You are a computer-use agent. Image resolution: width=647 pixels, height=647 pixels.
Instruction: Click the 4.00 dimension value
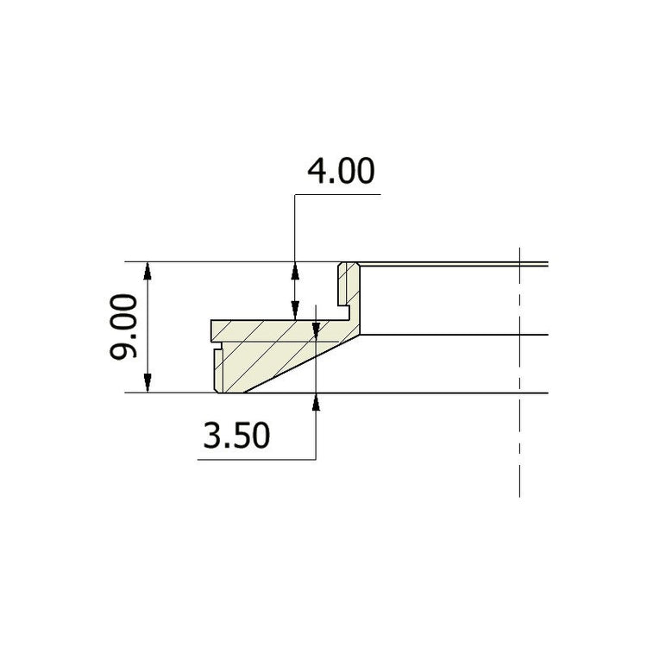tap(342, 171)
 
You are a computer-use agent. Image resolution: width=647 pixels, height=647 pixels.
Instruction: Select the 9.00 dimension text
tap(123, 327)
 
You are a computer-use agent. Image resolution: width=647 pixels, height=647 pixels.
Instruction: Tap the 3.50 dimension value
tap(236, 436)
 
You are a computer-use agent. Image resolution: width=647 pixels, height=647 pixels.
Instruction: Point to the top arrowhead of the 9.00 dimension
tap(148, 270)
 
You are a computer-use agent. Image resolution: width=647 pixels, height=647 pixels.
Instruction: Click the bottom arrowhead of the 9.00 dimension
tap(148, 384)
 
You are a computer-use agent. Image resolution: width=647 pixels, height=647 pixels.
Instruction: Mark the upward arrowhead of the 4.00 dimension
tap(295, 270)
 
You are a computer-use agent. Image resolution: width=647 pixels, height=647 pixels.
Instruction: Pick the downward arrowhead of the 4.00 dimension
tap(295, 311)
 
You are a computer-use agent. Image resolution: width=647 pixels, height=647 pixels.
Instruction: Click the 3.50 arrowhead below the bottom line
tap(316, 401)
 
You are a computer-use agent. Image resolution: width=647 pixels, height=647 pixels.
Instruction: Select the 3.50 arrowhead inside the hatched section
tap(316, 330)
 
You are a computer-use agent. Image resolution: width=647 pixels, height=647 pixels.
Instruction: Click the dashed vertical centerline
tap(519, 372)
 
